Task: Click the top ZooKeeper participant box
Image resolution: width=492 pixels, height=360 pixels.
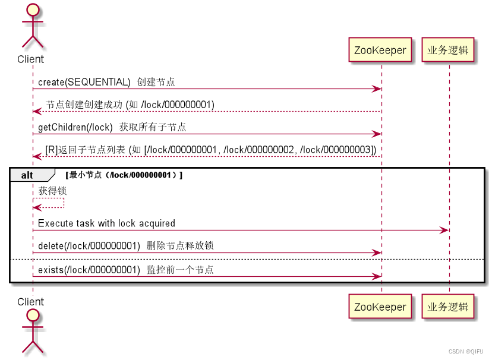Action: pos(380,50)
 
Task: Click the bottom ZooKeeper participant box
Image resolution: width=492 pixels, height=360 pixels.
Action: pos(380,307)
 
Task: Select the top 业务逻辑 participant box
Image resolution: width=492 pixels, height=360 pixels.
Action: pos(449,50)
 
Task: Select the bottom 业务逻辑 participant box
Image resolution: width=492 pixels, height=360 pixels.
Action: pos(449,307)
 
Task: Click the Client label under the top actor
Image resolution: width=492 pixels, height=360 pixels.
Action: pos(30,59)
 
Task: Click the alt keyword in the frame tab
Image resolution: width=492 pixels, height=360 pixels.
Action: pos(27,175)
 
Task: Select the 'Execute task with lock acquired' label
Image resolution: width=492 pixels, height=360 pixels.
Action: pos(106,223)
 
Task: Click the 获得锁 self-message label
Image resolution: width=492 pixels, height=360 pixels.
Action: pos(52,191)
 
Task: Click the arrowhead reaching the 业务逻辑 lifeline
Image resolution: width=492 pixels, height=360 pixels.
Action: pos(444,230)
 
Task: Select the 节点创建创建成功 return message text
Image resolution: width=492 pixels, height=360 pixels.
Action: pos(130,105)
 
